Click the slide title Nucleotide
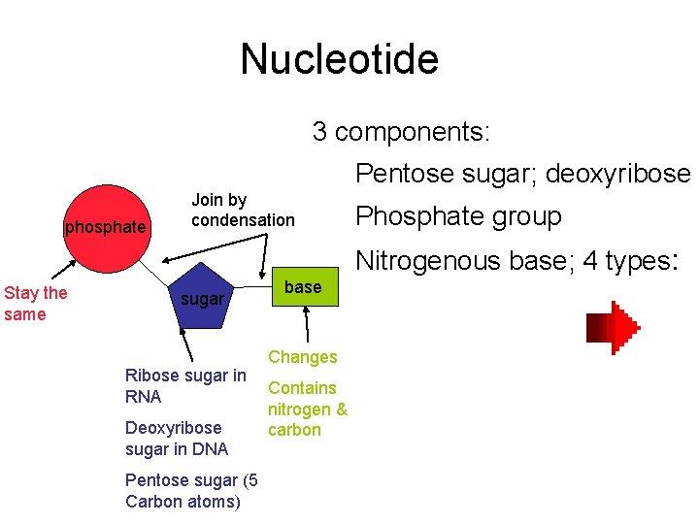tap(339, 59)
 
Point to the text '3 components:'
tap(401, 131)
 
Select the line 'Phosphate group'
tap(458, 216)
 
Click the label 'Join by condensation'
tap(242, 211)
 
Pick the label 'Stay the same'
tap(35, 303)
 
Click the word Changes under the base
tap(302, 357)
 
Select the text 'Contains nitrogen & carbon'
tap(307, 409)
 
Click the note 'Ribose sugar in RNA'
tap(184, 385)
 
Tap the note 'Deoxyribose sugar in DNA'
tap(176, 438)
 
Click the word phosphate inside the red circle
tap(105, 227)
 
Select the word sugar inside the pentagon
tap(202, 299)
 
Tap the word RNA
tap(143, 396)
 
